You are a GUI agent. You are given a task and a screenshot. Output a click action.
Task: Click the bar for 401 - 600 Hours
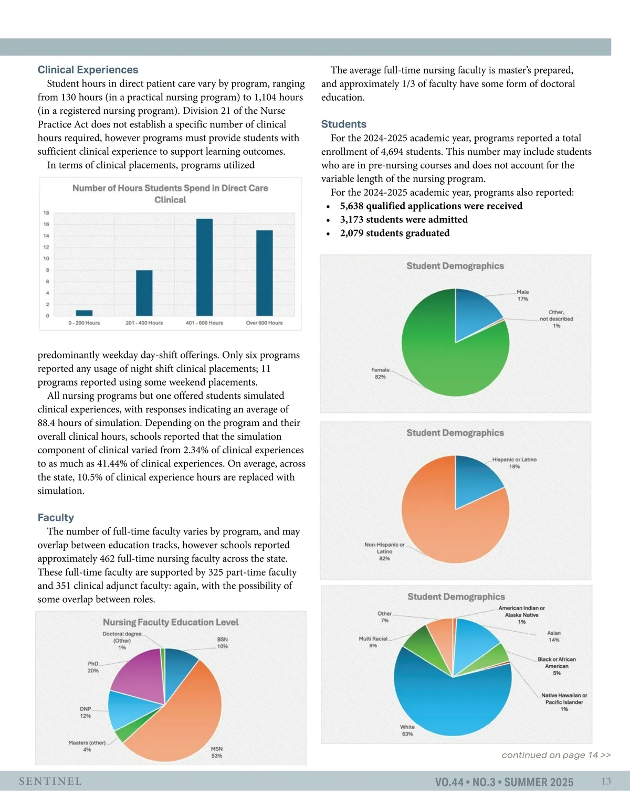pos(204,267)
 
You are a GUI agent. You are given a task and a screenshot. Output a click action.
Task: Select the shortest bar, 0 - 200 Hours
pos(84,313)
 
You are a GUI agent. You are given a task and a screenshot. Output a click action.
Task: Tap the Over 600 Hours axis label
pos(264,323)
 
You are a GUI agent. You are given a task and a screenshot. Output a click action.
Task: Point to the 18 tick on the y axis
pos(46,213)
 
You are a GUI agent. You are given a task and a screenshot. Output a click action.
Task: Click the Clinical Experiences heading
pos(88,70)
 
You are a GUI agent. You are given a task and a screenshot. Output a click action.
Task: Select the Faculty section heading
pos(56,517)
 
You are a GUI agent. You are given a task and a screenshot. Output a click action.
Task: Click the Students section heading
pos(344,124)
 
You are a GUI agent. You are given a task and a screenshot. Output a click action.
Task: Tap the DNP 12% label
pos(85,713)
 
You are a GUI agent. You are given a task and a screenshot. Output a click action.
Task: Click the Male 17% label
pos(523,295)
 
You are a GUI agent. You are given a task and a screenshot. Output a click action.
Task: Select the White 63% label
pos(407,730)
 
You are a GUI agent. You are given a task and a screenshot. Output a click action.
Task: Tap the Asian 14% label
pos(554,636)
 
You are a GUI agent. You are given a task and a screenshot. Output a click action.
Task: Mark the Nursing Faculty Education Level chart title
pos(171,622)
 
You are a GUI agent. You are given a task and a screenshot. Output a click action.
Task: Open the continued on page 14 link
pos(556,755)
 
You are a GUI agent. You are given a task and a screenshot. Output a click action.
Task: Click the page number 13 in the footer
pos(606,781)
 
